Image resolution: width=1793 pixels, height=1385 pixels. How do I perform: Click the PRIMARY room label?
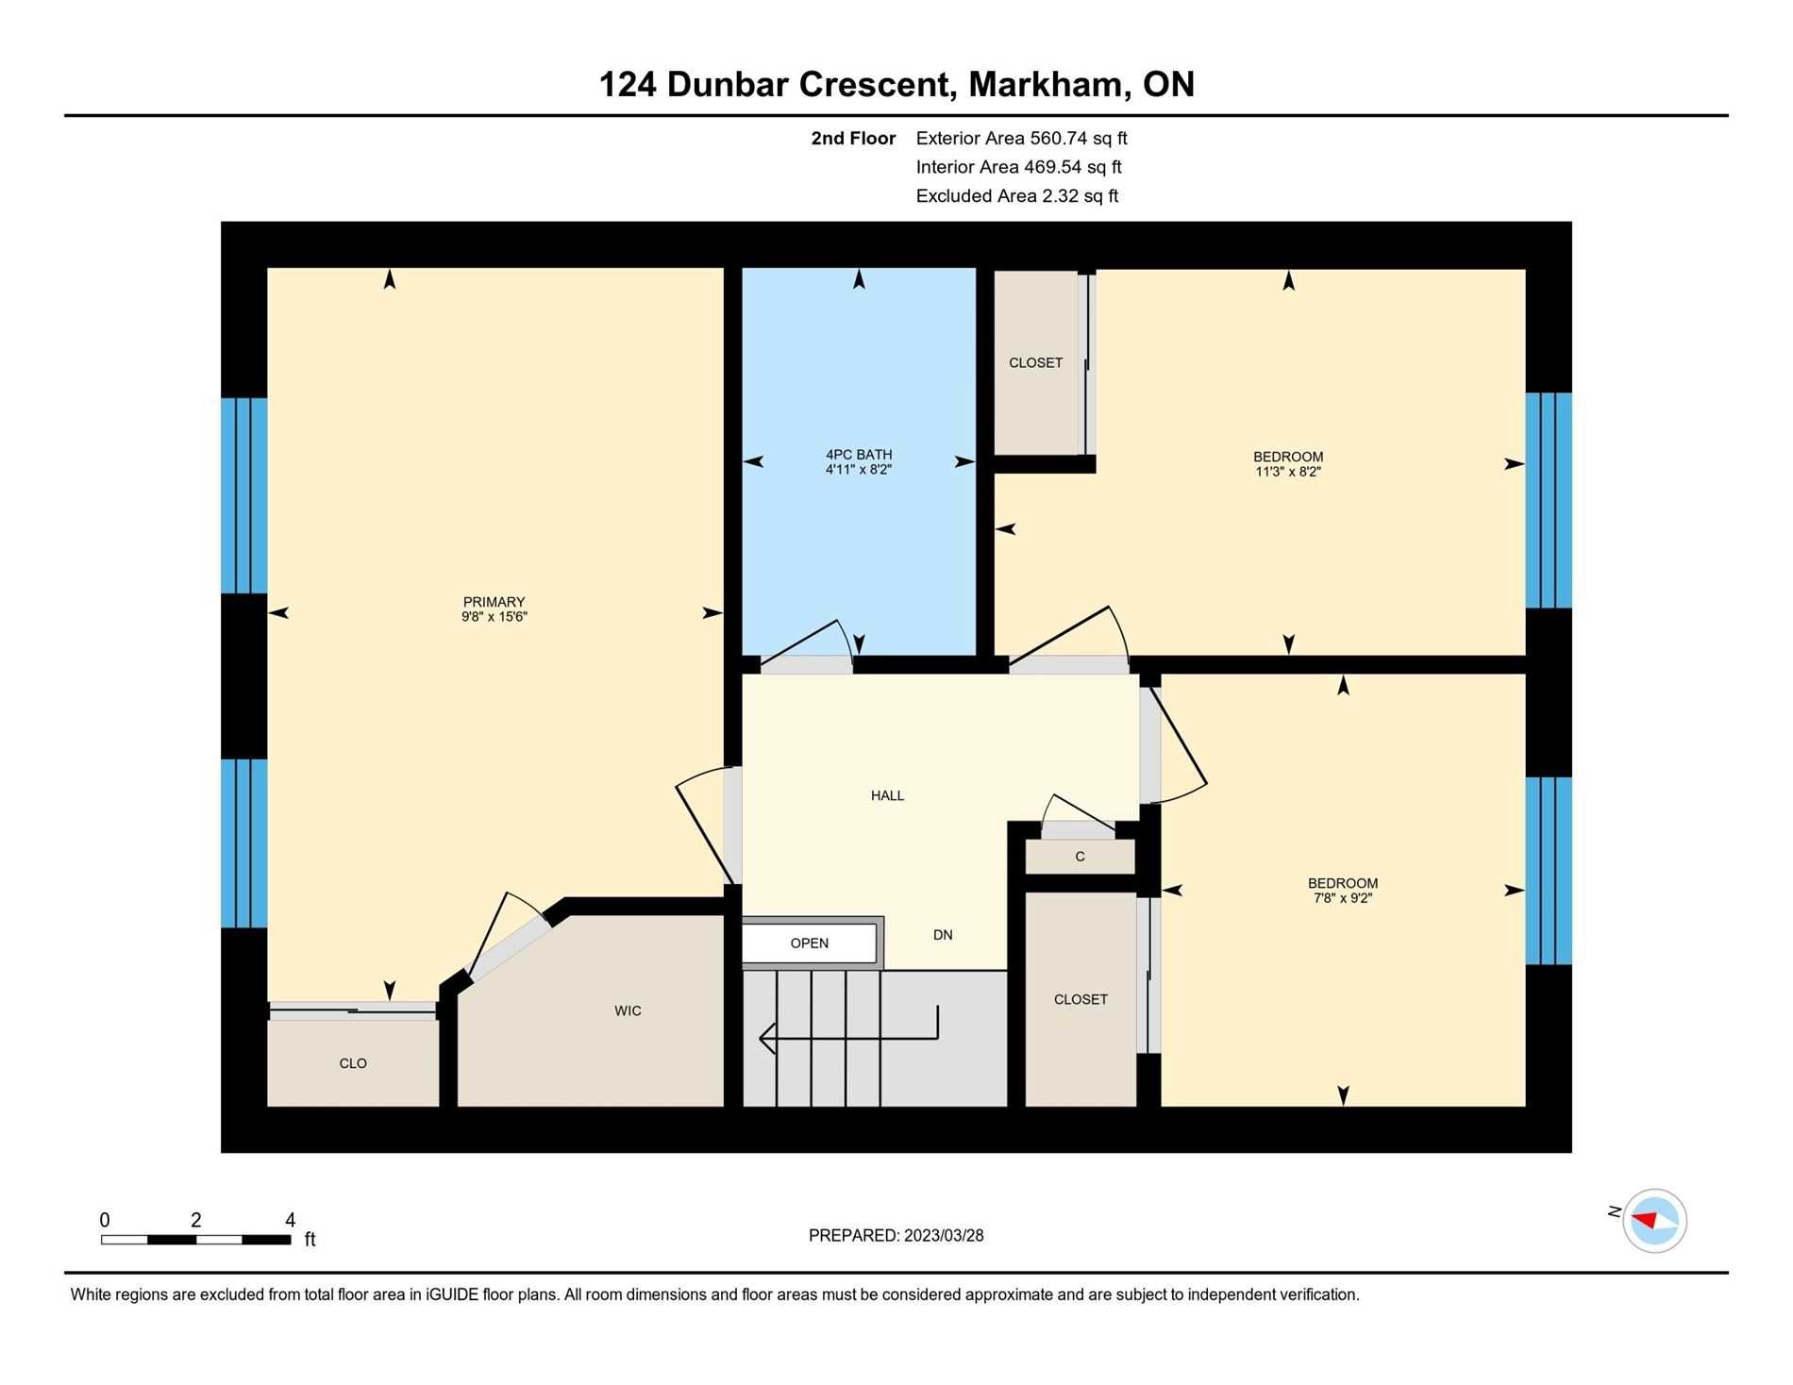point(494,602)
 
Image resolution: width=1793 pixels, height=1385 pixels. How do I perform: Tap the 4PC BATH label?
point(859,455)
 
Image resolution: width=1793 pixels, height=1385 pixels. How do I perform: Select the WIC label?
point(628,1010)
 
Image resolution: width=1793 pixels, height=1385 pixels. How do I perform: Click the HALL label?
point(887,795)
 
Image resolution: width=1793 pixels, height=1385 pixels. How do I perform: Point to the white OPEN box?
point(810,943)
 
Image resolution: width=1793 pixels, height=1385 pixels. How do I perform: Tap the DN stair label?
point(943,935)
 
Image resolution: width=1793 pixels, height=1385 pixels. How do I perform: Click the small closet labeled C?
point(1080,857)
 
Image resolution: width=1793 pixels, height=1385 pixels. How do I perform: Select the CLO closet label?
point(353,1063)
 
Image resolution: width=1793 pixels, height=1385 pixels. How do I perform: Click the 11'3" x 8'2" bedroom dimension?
point(1288,472)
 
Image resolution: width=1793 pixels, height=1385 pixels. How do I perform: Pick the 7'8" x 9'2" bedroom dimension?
point(1343,898)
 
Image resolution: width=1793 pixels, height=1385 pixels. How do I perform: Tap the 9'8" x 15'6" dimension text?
point(494,617)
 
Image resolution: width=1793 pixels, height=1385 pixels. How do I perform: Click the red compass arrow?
point(1645,1220)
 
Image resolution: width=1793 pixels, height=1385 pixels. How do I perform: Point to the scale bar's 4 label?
point(291,1220)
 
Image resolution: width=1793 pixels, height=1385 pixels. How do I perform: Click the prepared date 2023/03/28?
point(944,1235)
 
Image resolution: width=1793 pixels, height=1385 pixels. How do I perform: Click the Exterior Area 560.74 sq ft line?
point(1022,138)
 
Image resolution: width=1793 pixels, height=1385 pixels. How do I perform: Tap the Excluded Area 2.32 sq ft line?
point(1017,196)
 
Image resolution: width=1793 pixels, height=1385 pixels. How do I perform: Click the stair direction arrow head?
point(767,1038)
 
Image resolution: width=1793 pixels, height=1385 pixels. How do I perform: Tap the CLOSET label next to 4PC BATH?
point(1035,362)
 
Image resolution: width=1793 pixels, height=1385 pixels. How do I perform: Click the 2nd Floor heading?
point(853,138)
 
